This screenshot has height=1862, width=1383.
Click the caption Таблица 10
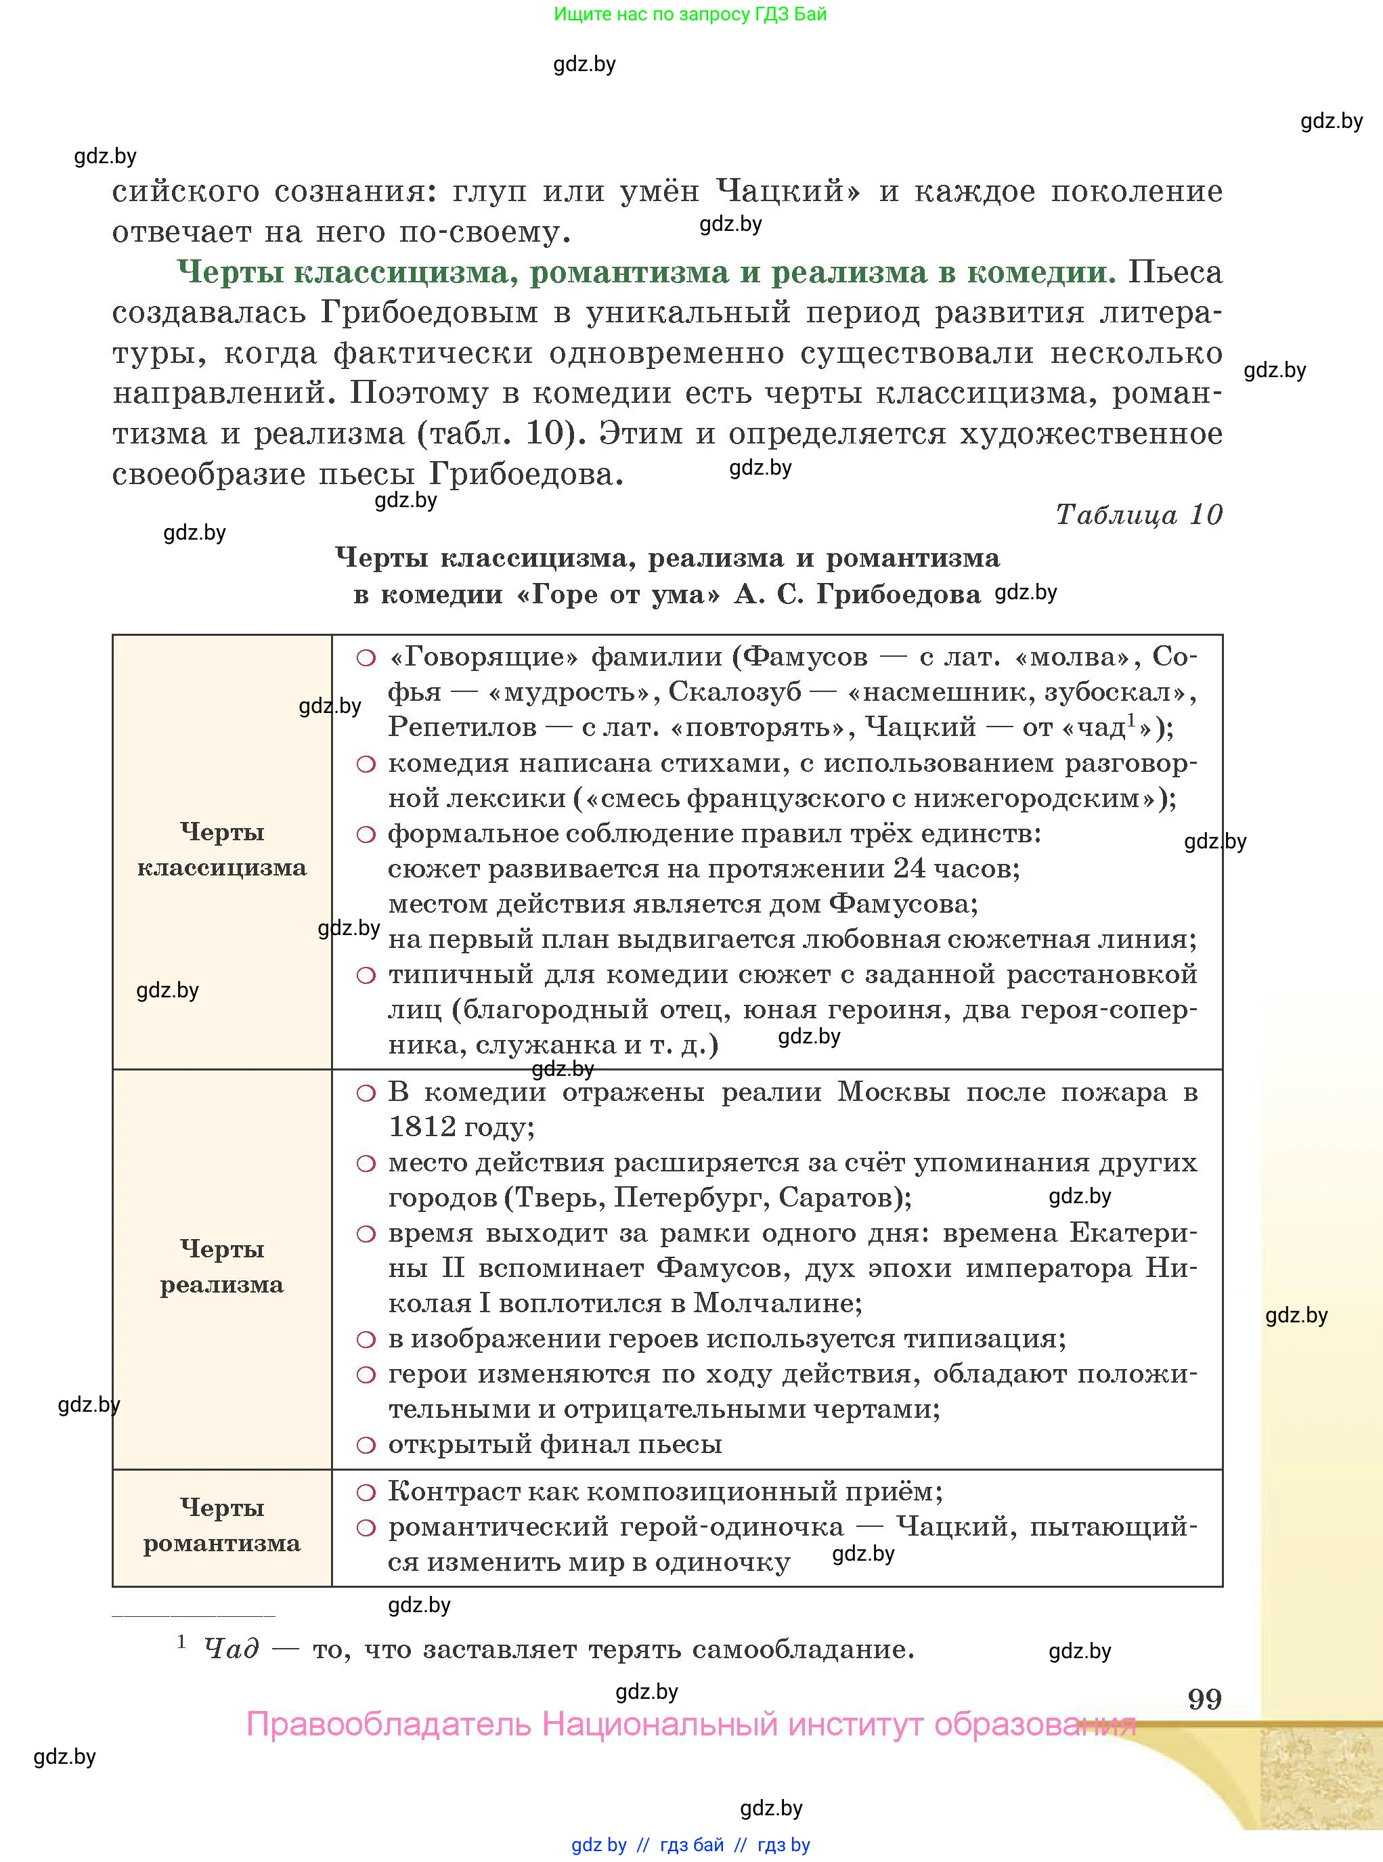pos(1139,514)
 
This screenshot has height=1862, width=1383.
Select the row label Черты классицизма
pos(222,850)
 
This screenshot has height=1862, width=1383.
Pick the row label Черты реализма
pos(222,1266)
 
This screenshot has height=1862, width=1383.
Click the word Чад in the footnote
pos(231,1649)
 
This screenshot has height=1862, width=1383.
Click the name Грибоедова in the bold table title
pos(898,594)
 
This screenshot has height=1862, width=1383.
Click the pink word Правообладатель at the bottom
pos(389,1725)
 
